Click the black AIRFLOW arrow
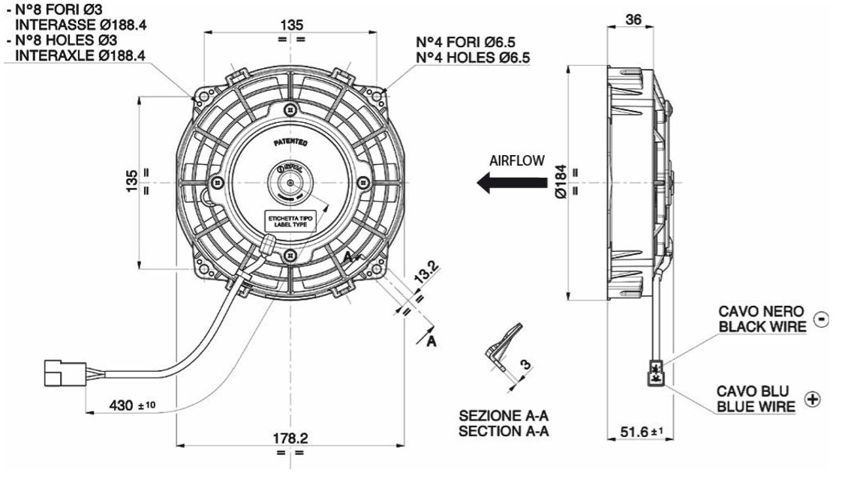click(x=512, y=181)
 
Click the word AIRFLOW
click(x=516, y=160)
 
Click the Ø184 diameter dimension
click(x=561, y=181)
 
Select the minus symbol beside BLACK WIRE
click(x=821, y=319)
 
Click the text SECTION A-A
click(x=504, y=431)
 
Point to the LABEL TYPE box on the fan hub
click(x=290, y=221)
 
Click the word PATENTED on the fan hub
click(x=290, y=142)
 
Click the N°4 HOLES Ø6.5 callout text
click(x=474, y=57)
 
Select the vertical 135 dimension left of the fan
click(x=132, y=180)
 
